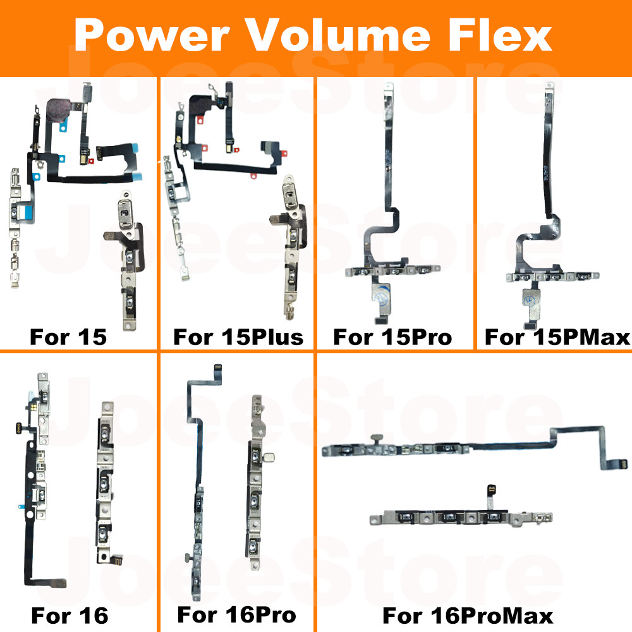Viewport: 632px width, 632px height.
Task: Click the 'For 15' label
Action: [68, 337]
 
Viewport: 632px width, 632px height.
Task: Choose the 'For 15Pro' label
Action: [392, 337]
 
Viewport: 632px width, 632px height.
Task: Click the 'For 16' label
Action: [70, 614]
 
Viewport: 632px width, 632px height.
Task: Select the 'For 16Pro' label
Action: [236, 614]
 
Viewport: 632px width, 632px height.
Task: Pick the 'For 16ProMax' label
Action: [468, 614]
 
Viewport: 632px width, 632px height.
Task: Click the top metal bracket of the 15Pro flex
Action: [387, 95]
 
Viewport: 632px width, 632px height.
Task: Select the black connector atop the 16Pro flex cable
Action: [219, 367]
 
